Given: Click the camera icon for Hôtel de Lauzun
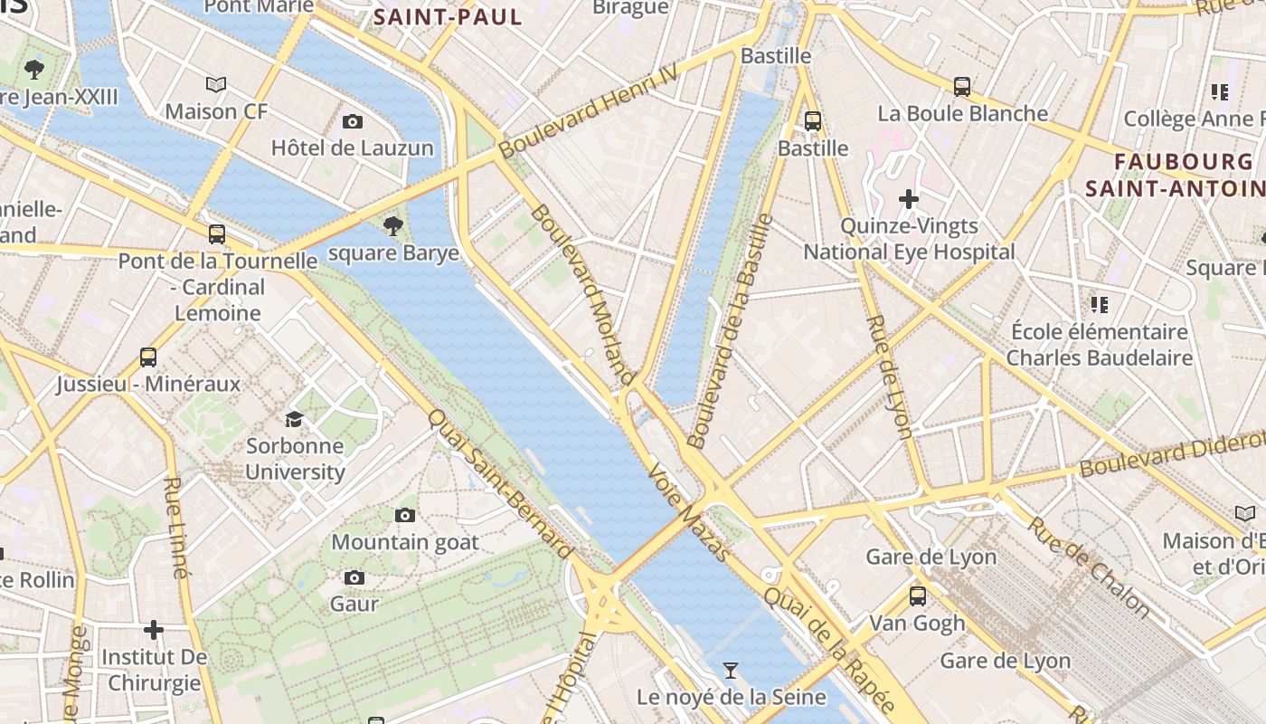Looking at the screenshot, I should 353,121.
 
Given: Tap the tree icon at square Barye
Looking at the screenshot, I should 392,225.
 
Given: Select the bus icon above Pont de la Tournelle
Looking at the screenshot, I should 217,234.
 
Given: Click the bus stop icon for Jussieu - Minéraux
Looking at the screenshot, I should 148,357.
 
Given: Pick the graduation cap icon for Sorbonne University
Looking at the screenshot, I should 295,419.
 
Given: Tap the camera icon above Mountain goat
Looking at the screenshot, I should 405,516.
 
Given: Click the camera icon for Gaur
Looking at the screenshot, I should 354,577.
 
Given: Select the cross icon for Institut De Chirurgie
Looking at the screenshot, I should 154,629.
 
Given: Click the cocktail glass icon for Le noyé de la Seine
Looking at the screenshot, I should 731,671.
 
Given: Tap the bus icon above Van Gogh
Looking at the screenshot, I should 918,596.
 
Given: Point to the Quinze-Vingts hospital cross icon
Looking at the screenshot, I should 909,199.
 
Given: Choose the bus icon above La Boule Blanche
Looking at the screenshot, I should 962,87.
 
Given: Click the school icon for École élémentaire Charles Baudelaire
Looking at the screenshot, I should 1099,305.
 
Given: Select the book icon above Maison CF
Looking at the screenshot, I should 216,85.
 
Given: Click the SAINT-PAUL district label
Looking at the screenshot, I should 449,17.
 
